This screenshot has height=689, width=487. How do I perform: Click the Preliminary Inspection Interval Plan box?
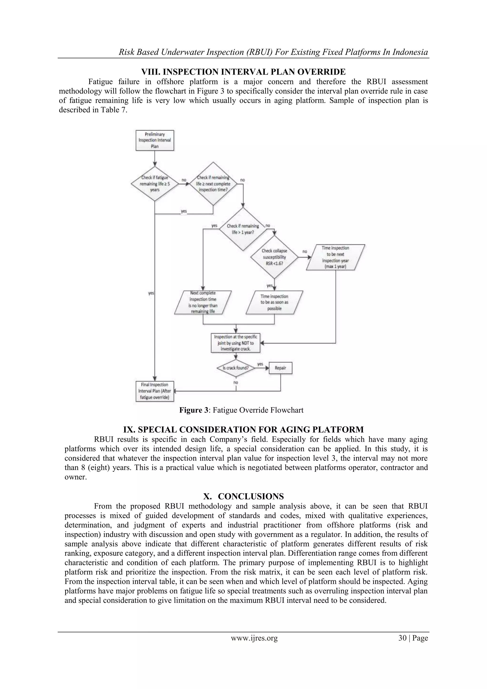155,140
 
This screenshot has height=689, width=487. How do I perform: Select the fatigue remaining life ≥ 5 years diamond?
155,184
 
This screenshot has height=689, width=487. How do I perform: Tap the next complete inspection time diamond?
213,184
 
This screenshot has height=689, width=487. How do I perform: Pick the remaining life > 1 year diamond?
243,229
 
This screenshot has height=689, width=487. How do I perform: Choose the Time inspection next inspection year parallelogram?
335,257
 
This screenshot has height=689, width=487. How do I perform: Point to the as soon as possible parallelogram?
274,302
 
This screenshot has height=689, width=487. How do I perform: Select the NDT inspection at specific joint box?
235,343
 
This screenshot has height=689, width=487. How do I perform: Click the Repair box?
280,368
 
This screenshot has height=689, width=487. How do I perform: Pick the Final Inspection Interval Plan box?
155,391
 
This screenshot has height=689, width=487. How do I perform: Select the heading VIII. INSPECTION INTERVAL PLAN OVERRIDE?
243,72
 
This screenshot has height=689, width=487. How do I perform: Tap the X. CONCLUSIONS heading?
243,496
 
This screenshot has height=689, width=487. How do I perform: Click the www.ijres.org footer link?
254,638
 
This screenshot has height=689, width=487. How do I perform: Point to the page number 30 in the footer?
402,638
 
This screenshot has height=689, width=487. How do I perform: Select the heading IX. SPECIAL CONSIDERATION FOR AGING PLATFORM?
243,429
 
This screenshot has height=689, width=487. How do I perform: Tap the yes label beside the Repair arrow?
260,364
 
